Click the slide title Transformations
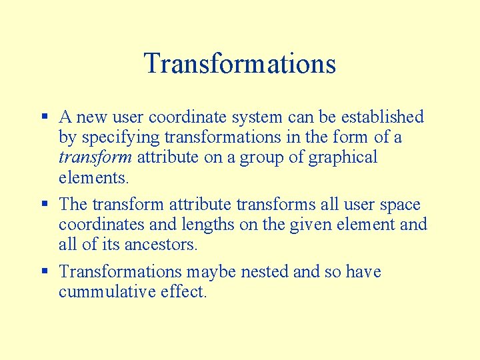click(239, 64)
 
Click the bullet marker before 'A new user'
click(44, 116)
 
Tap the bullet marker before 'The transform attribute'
click(44, 203)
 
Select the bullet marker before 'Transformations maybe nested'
click(44, 271)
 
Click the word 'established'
click(382, 117)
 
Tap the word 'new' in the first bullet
click(91, 118)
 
